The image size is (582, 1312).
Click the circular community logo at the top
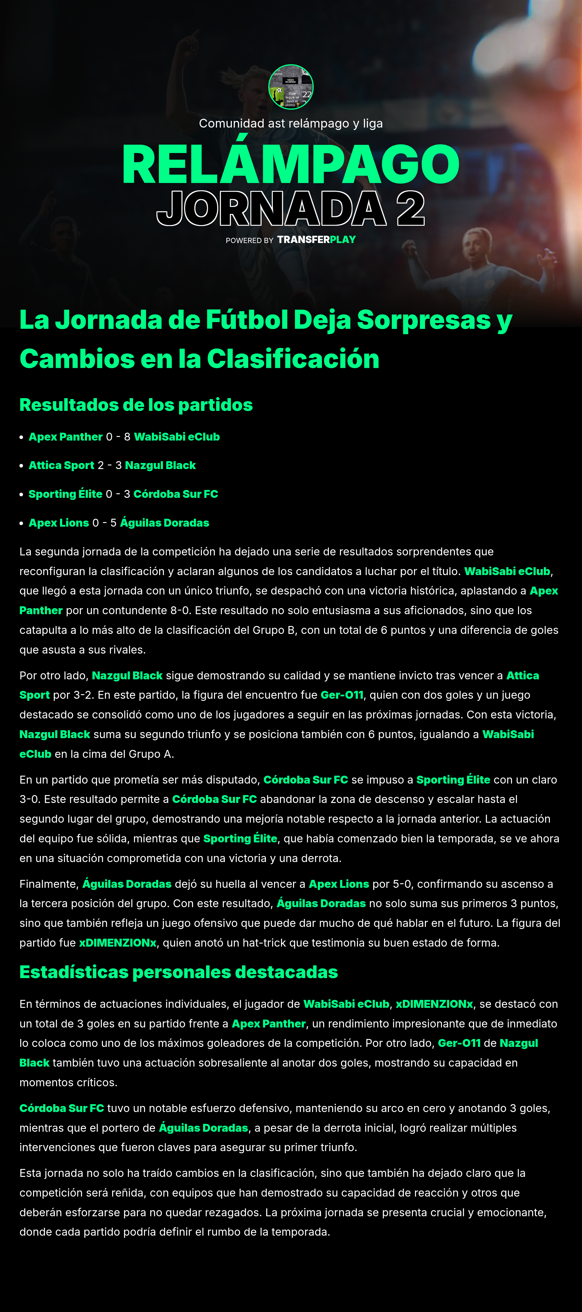(290, 87)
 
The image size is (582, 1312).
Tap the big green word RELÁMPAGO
(290, 164)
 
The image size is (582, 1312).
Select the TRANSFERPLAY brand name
(316, 239)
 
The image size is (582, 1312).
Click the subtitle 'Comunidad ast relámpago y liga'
(290, 123)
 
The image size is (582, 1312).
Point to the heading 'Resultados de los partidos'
(136, 405)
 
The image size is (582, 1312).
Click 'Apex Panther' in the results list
(66, 437)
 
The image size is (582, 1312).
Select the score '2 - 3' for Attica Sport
(109, 465)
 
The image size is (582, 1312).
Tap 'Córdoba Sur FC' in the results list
(176, 494)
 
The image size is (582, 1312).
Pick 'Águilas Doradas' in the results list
(165, 523)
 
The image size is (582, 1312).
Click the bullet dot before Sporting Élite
(22, 494)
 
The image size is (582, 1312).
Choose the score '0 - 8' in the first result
(118, 437)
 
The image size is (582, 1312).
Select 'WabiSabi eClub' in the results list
(177, 437)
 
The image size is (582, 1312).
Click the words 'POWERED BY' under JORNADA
(249, 240)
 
